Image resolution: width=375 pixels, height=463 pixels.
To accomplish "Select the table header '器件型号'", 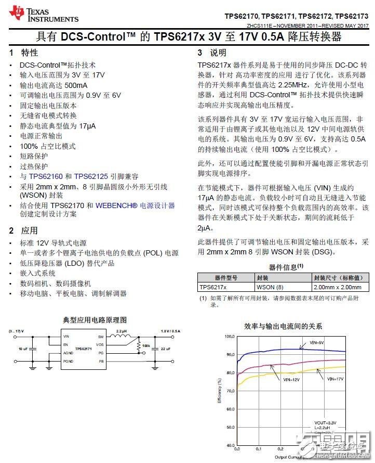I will coord(225,278).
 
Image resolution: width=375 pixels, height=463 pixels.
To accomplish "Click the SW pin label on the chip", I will coord(101,337).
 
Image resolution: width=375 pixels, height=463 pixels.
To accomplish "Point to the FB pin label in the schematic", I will coord(101,361).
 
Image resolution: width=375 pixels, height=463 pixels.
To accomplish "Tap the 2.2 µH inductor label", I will coord(122,331).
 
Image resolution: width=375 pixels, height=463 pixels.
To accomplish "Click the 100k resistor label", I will coord(145,345).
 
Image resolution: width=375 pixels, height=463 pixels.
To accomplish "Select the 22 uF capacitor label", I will coord(166,349).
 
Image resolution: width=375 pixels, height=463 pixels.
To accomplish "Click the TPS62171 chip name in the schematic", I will coord(84,349).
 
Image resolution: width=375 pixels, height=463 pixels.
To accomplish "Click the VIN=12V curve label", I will coord(291,380).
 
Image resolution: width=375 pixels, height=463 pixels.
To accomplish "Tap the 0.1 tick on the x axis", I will coord(259,448).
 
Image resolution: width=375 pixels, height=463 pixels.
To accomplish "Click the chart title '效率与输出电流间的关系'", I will coord(283,326).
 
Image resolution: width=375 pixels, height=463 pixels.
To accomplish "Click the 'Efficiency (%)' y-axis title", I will coord(220,391).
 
